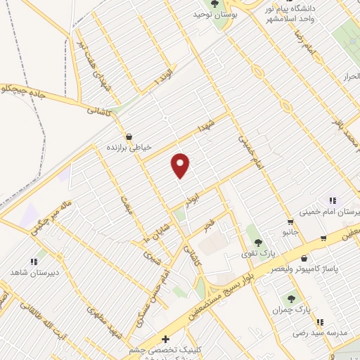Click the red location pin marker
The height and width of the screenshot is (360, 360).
pyautogui.click(x=181, y=165)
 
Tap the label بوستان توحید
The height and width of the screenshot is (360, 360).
pyautogui.click(x=214, y=14)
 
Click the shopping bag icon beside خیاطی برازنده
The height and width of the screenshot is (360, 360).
pyautogui.click(x=128, y=136)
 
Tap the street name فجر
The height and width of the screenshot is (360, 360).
pyautogui.click(x=209, y=226)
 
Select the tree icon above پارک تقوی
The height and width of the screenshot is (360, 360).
pyautogui.click(x=257, y=242)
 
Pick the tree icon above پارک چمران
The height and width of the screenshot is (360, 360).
pyautogui.click(x=292, y=299)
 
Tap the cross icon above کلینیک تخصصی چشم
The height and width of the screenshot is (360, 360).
pyautogui.click(x=165, y=339)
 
